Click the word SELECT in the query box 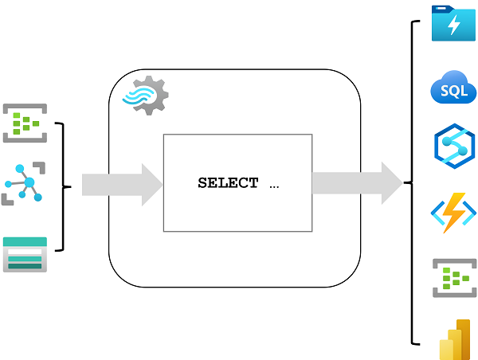(228, 183)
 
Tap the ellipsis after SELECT (274, 184)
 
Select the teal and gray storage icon (25, 254)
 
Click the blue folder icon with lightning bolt (453, 24)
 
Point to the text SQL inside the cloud (453, 92)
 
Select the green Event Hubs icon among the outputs (453, 277)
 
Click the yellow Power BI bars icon (453, 341)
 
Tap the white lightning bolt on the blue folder (453, 25)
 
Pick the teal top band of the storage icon (25, 241)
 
